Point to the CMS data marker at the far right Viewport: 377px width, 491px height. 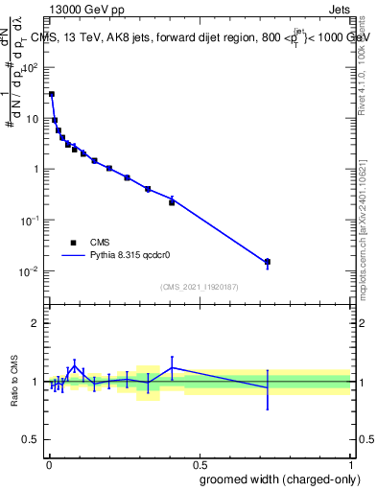268,262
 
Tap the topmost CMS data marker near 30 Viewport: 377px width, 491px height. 52,94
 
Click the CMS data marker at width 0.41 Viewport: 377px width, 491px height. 172,202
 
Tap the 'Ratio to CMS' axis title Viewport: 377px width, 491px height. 14,383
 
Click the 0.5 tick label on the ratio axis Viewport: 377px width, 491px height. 31,440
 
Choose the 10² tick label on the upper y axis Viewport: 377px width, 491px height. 30,68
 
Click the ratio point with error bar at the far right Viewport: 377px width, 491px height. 268,387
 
